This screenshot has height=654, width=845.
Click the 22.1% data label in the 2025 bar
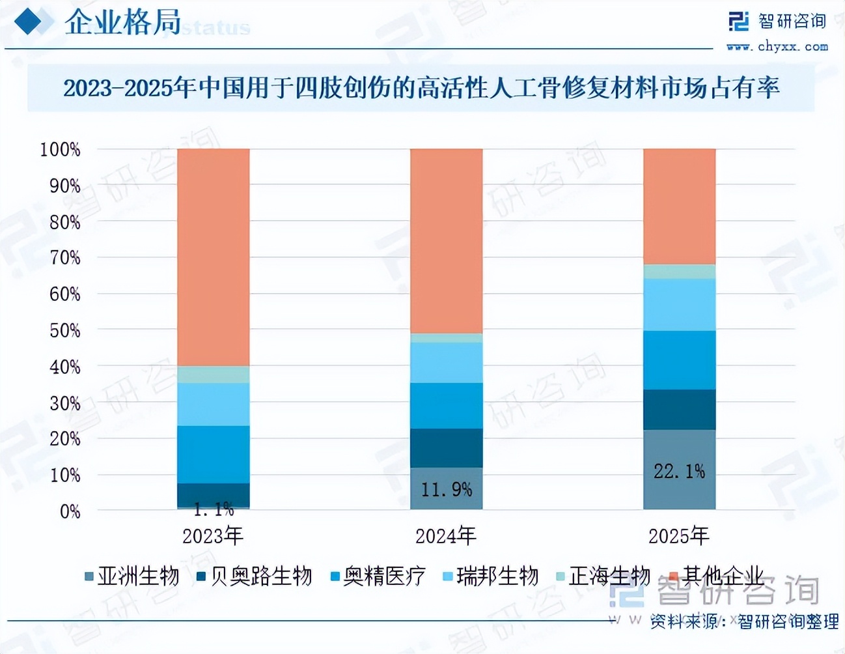tap(679, 472)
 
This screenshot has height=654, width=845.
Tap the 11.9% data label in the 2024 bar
tap(446, 489)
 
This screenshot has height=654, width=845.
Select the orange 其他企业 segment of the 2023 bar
tap(214, 257)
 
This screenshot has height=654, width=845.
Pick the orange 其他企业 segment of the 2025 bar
tap(679, 206)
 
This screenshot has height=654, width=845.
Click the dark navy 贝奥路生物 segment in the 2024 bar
tap(446, 448)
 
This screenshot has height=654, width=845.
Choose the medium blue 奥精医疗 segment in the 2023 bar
tap(214, 455)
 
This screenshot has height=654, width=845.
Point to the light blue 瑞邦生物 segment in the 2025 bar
tap(679, 305)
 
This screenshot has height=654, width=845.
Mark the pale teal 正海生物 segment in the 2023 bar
tap(214, 375)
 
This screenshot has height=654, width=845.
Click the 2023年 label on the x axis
tap(213, 536)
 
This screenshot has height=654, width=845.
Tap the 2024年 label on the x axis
tap(446, 536)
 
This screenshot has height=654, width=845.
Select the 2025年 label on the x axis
tap(678, 536)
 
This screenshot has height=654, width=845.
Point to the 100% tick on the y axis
tap(60, 150)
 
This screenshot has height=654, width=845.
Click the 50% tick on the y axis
tap(64, 331)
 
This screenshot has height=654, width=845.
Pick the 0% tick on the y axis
tap(70, 512)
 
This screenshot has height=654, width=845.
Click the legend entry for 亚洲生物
tap(132, 576)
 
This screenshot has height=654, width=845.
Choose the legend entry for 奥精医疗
tap(378, 576)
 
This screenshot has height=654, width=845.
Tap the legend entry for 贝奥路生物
tap(255, 576)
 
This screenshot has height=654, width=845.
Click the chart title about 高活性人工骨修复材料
tap(421, 88)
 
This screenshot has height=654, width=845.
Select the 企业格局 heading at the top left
tap(122, 23)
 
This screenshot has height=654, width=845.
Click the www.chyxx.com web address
tap(777, 47)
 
